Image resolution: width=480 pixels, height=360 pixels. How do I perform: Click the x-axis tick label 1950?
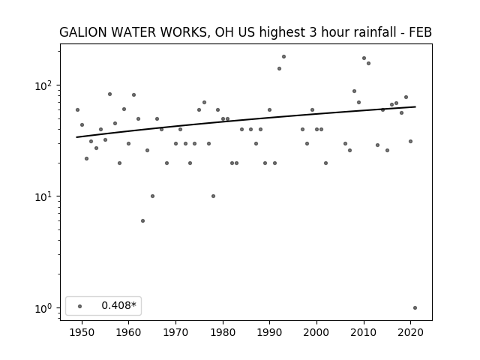(x=82, y=332)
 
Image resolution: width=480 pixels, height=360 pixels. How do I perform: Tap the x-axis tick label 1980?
(x=223, y=332)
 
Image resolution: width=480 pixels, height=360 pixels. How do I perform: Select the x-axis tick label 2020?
(x=410, y=332)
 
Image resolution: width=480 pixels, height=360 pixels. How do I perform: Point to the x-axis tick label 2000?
(x=316, y=332)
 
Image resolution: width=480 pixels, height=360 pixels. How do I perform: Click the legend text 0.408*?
(x=118, y=305)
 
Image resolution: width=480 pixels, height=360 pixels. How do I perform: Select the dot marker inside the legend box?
(x=80, y=306)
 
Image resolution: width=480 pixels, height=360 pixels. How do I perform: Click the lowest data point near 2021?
(x=415, y=308)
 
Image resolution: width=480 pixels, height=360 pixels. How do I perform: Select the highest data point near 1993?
(x=283, y=57)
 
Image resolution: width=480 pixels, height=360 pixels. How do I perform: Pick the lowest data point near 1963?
(x=142, y=221)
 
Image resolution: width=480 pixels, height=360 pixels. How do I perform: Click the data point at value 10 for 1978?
(x=213, y=196)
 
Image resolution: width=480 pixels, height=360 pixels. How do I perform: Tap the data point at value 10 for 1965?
(x=152, y=196)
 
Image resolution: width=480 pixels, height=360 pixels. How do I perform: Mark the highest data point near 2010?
(x=364, y=58)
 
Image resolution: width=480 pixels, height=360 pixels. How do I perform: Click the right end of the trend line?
(x=415, y=106)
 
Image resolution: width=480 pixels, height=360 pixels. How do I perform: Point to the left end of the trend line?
(x=76, y=137)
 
